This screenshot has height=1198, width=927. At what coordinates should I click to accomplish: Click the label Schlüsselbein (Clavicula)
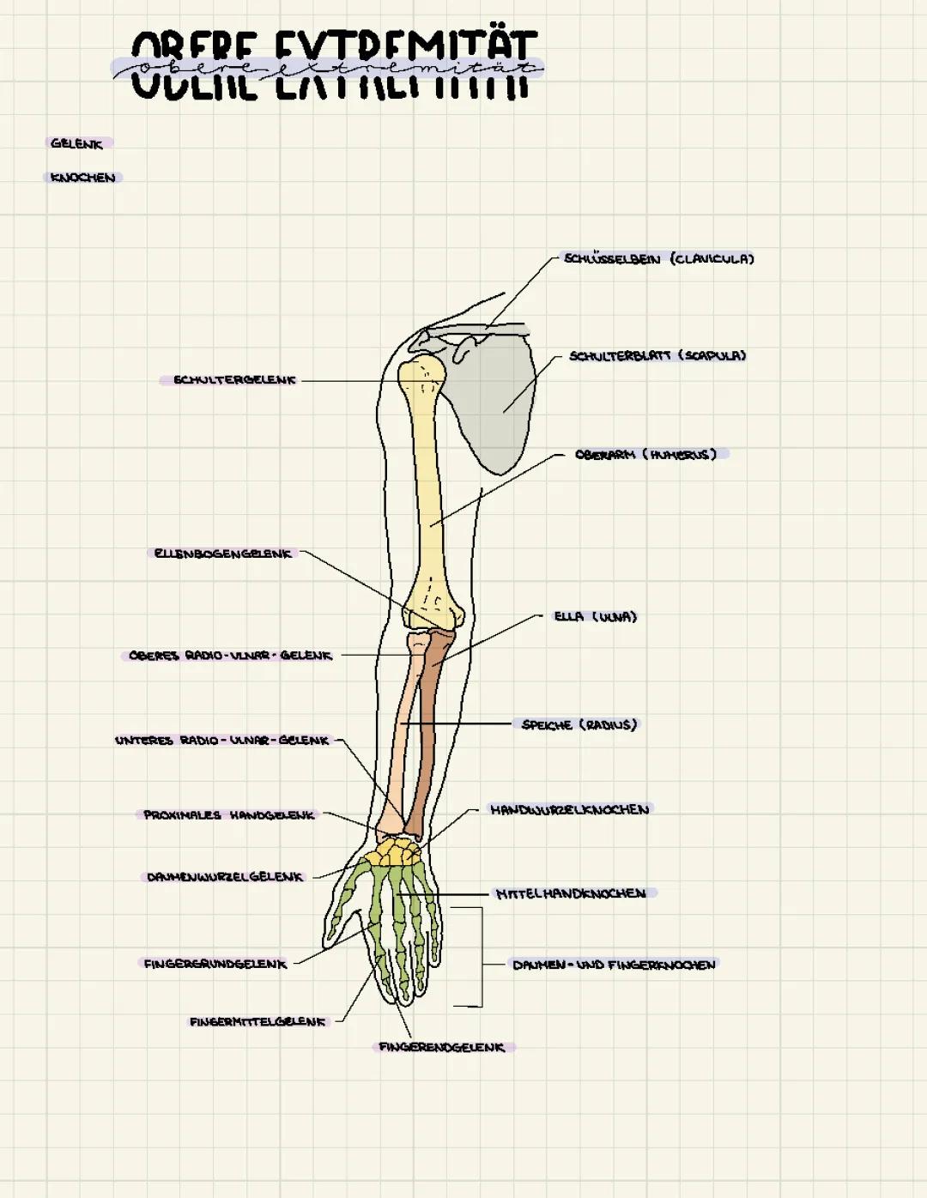tap(658, 258)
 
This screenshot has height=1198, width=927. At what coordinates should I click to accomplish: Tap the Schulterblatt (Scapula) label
tap(657, 355)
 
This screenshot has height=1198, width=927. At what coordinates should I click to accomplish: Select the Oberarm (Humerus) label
tap(645, 454)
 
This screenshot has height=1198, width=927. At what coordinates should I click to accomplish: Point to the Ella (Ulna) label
tap(596, 616)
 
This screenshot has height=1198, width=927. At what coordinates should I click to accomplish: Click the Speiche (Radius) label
tap(579, 724)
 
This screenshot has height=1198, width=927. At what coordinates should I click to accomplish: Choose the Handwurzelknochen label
tap(570, 809)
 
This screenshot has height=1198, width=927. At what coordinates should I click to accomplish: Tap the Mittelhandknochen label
tap(571, 893)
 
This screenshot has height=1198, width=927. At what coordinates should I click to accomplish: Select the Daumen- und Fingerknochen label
tap(614, 965)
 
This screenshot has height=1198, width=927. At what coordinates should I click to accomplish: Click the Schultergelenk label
tap(234, 379)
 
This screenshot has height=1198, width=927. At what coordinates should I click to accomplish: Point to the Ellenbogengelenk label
tap(223, 554)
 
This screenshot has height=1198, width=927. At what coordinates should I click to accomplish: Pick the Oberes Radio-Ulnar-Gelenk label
tap(230, 656)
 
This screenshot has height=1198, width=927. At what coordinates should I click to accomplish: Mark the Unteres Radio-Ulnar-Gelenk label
tap(222, 740)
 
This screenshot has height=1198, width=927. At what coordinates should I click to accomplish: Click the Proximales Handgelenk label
tap(229, 814)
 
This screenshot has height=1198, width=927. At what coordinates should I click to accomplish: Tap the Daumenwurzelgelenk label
tap(225, 877)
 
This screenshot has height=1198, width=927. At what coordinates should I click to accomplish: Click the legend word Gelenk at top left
tap(76, 143)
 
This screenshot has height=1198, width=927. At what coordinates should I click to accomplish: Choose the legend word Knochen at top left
tap(82, 178)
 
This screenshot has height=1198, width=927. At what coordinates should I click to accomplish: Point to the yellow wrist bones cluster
tap(393, 852)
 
